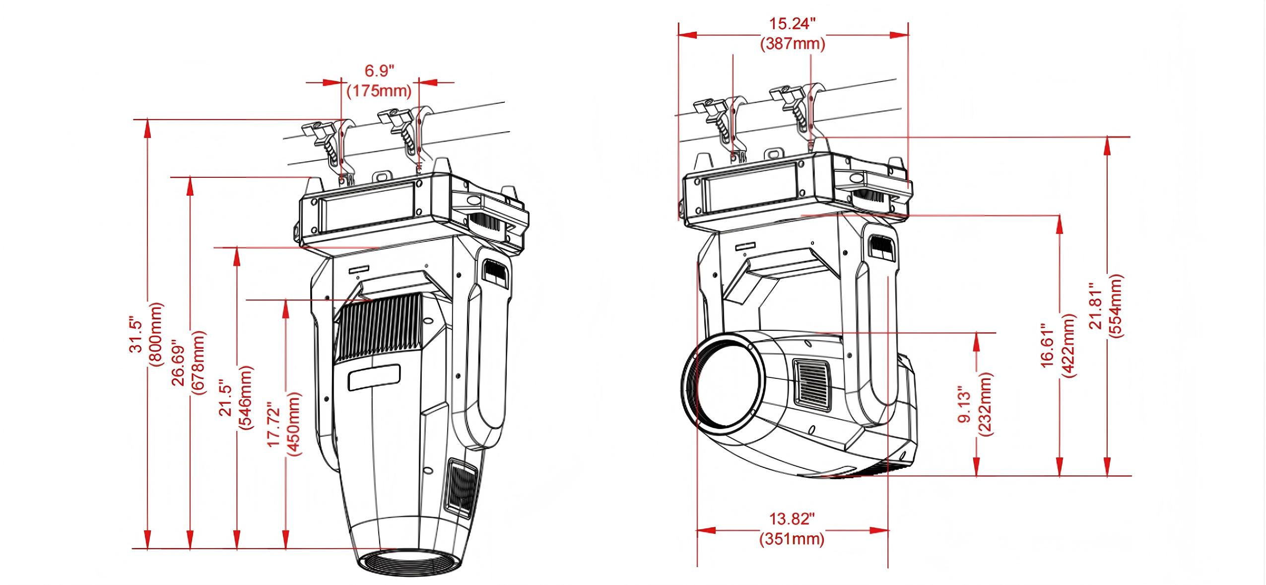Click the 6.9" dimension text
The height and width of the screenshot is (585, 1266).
(380, 71)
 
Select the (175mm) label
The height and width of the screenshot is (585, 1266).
(380, 91)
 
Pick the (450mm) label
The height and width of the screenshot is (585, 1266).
(294, 425)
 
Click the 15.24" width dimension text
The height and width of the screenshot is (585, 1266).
(793, 24)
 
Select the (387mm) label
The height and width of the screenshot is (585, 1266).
(793, 44)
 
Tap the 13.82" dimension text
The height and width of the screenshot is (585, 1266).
(792, 519)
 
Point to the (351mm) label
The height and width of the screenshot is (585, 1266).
(792, 539)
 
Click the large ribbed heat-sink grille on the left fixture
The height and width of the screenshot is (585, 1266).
(380, 332)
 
